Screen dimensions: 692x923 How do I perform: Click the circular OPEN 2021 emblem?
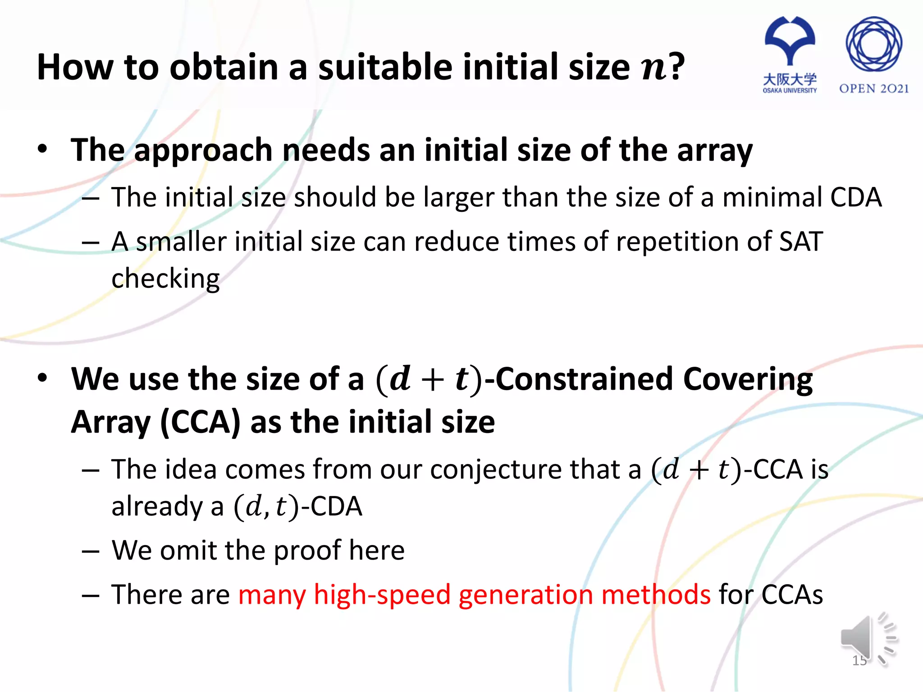coord(873,44)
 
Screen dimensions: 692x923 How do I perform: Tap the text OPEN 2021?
coord(873,89)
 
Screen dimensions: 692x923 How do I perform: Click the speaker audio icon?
coord(868,639)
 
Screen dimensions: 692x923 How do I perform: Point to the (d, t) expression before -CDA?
coord(266,506)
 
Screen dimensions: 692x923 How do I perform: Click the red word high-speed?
coord(382,595)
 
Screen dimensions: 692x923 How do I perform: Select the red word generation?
coord(525,595)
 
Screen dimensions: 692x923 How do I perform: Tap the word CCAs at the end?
coord(792,595)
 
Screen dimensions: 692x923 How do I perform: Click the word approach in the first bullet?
coord(203,150)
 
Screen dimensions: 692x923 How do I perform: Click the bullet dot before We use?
coord(42,378)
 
